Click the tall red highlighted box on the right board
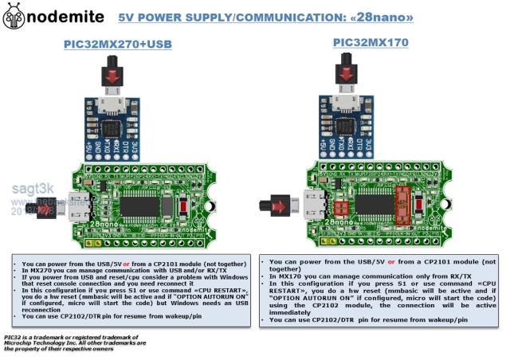[x=403, y=207]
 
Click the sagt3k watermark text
[x=27, y=189]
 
